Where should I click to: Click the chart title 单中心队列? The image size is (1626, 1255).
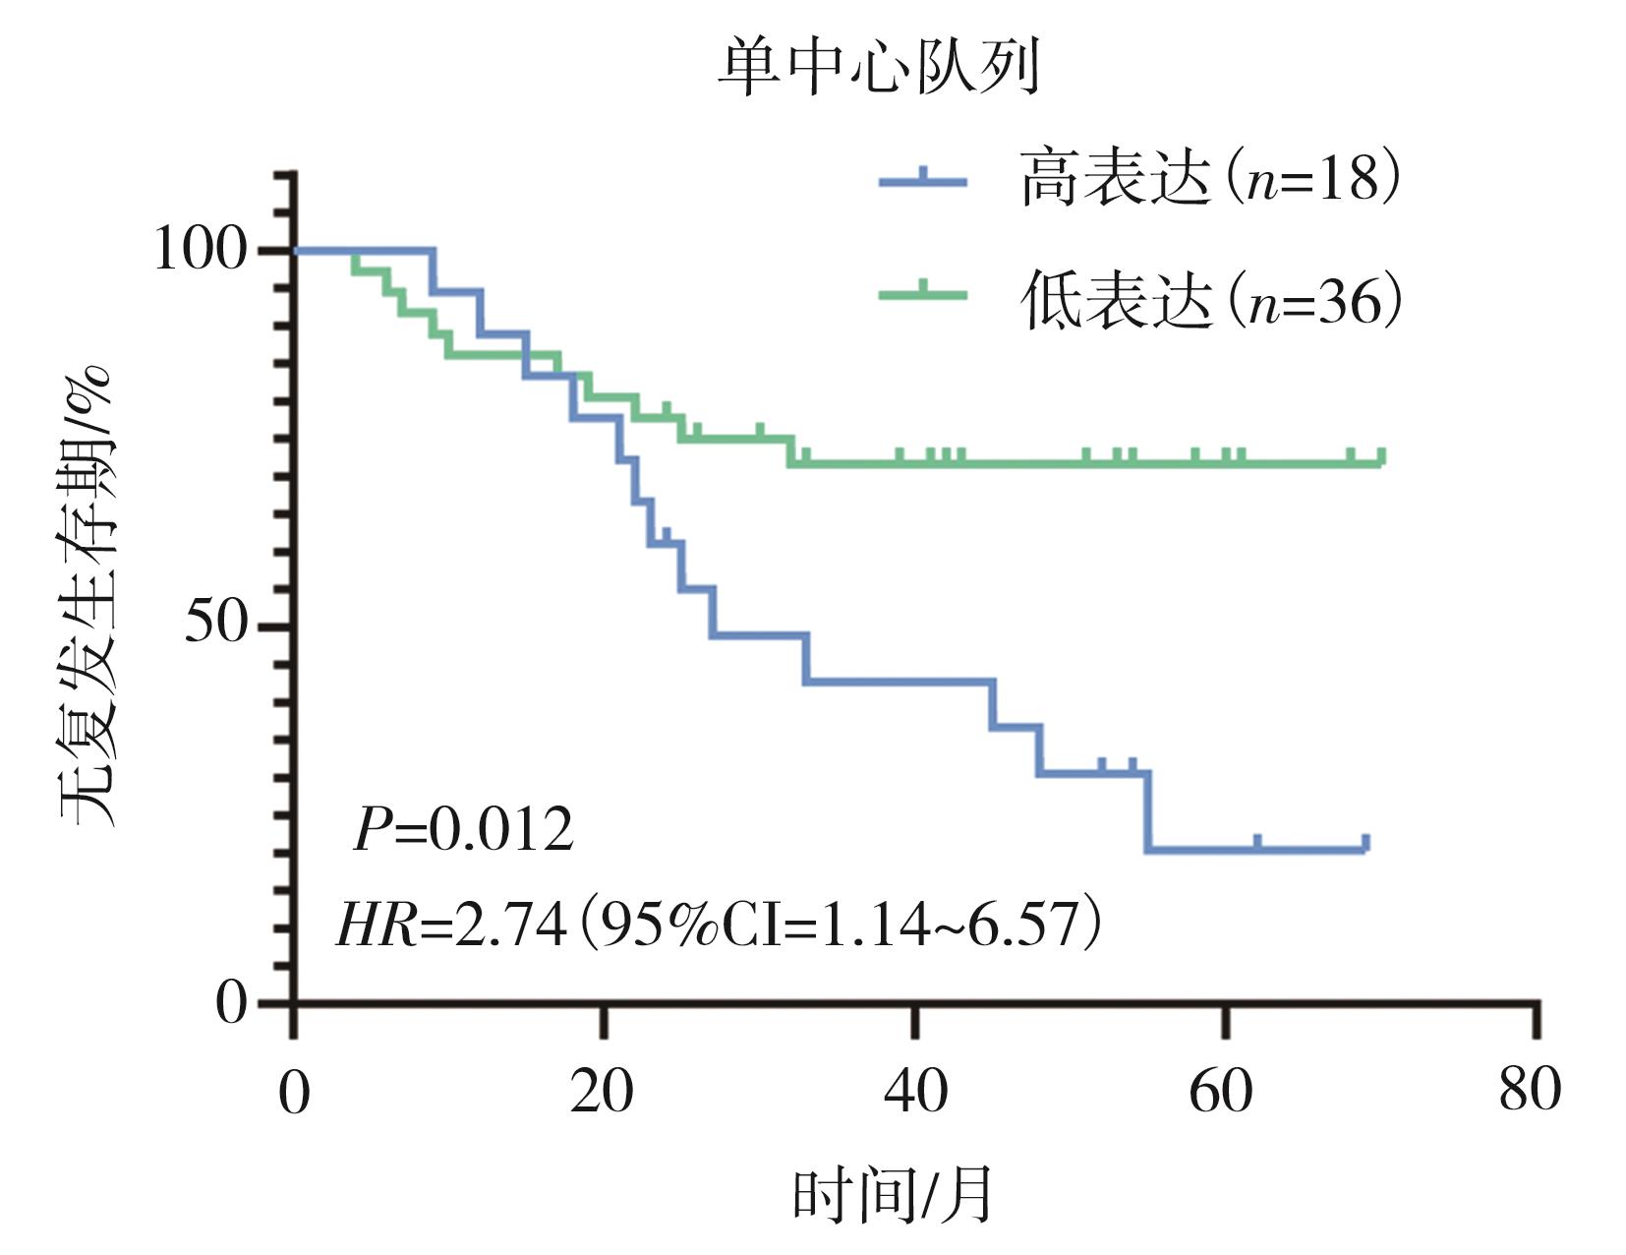click(878, 67)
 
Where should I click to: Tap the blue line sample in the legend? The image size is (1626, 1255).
click(922, 179)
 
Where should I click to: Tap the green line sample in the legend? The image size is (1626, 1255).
click(922, 292)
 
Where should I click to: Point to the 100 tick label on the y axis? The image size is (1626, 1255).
click(200, 250)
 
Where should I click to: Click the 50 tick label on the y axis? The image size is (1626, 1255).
click(215, 624)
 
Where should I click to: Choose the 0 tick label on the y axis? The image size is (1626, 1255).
click(232, 1002)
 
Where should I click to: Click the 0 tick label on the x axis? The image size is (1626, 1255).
click(293, 1093)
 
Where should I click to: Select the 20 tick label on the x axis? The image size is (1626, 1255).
click(602, 1093)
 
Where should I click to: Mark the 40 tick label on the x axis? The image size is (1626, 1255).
click(915, 1093)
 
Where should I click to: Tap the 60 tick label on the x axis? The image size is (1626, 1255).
click(1222, 1093)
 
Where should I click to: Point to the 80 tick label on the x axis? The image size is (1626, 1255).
click(1530, 1093)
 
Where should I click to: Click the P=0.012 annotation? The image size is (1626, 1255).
click(463, 829)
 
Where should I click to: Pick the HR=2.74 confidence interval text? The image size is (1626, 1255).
click(719, 924)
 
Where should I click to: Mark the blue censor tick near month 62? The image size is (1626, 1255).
click(1257, 842)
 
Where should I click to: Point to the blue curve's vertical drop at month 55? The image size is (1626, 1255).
click(1147, 811)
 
